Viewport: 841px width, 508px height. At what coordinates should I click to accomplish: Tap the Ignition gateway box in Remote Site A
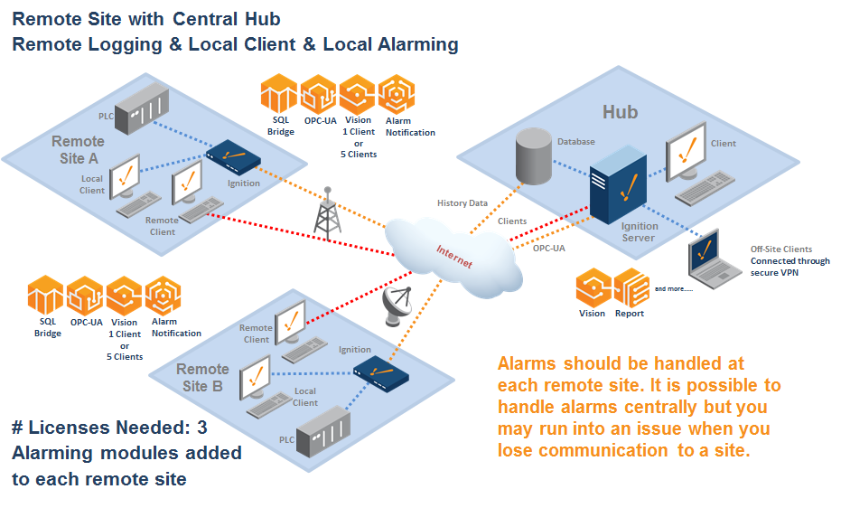click(234, 159)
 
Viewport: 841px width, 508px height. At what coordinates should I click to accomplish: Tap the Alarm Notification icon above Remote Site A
click(397, 94)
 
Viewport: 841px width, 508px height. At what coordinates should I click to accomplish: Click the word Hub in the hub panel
click(620, 112)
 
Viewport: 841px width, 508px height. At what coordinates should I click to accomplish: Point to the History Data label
click(463, 203)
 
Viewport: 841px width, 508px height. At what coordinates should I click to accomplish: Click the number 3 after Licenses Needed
click(202, 428)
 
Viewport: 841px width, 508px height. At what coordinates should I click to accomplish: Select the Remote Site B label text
click(202, 377)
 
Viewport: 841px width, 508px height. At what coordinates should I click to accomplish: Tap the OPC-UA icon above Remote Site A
click(319, 94)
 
